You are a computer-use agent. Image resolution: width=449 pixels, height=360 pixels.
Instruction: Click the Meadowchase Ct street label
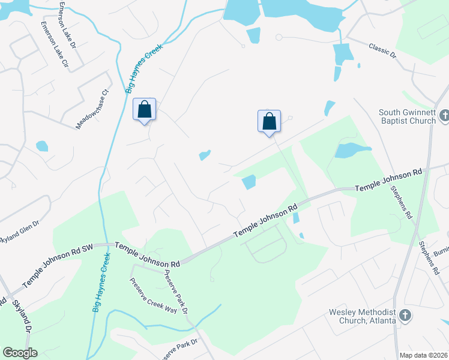91,110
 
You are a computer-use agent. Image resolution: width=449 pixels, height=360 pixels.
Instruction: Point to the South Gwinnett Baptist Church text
407,116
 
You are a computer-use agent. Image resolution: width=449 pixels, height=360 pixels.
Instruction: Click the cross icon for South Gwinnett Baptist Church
444,115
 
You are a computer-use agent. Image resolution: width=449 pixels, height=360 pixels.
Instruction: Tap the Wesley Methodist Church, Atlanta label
362,316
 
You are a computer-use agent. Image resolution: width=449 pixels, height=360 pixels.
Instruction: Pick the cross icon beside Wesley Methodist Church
405,314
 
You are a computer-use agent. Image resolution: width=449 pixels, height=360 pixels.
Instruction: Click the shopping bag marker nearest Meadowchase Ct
144,110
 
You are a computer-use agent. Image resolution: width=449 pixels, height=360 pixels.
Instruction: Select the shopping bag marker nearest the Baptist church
270,121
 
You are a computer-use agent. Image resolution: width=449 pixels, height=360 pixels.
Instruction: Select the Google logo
20,353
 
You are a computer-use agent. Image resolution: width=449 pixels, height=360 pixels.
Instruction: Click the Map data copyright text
423,355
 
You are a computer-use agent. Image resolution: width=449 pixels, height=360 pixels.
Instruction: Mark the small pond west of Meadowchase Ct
41,146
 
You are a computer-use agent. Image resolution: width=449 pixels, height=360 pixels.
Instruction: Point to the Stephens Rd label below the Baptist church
402,202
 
